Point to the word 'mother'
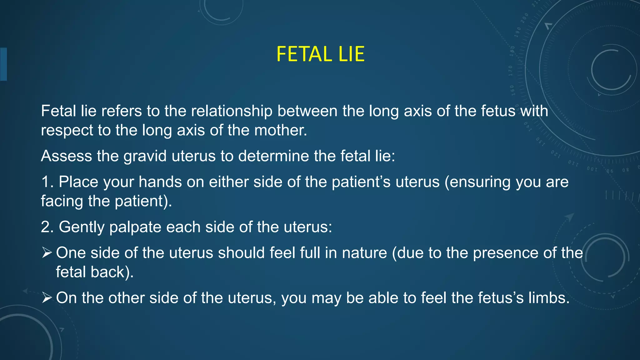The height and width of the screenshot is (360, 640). (x=279, y=130)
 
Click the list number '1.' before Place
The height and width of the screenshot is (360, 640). (x=47, y=182)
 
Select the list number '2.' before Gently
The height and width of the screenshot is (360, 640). (x=47, y=227)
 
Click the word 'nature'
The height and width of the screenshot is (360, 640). (x=364, y=253)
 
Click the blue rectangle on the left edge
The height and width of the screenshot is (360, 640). (x=3, y=64)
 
